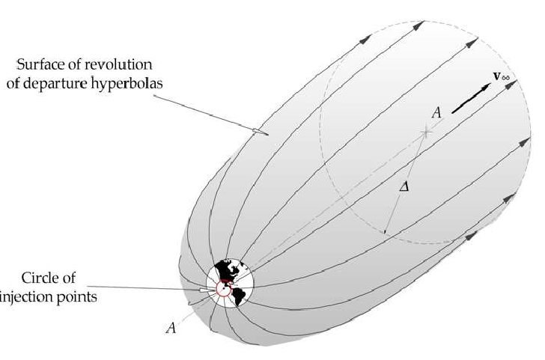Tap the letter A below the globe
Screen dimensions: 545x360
pyautogui.click(x=170, y=327)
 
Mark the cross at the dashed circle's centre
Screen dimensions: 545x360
pyautogui.click(x=426, y=132)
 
